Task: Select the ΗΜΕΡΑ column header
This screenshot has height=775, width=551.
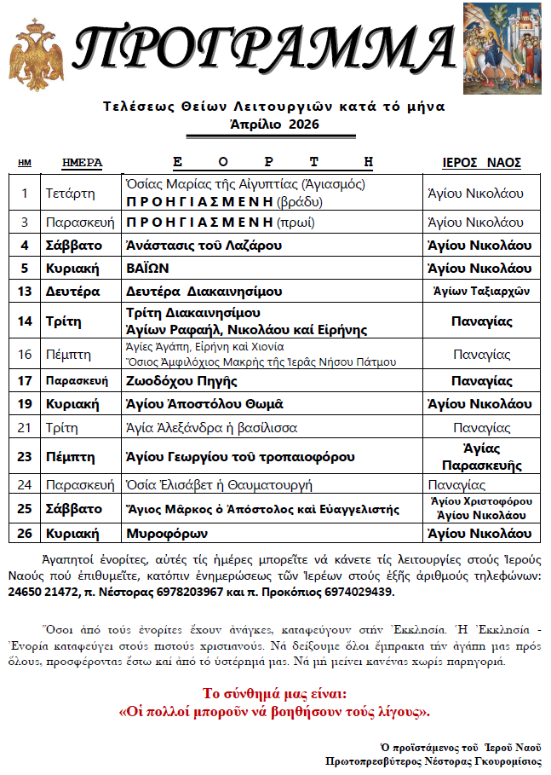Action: tap(83, 163)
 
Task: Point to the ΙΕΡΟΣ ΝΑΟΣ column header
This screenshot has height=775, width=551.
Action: tap(482, 163)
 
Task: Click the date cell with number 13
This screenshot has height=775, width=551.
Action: tap(25, 291)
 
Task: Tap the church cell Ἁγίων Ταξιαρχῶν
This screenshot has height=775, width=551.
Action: tap(482, 291)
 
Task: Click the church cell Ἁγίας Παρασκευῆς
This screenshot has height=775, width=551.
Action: tap(482, 457)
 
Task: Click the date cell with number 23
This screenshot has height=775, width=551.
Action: tap(25, 457)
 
